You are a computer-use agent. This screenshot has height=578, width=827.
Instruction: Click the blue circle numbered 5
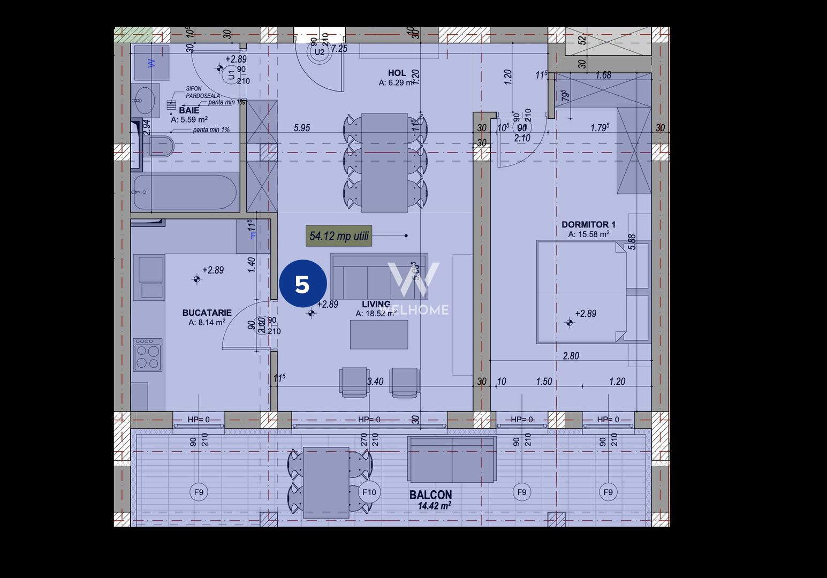[x=302, y=284]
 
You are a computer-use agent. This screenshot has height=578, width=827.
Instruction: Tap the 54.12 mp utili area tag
[x=339, y=236]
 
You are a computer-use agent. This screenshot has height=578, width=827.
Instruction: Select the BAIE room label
[x=189, y=110]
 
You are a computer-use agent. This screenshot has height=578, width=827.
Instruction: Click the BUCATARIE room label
[x=207, y=313]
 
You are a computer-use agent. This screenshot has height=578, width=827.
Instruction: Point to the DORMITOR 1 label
[x=588, y=225]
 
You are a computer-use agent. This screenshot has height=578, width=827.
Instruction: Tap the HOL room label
[x=397, y=73]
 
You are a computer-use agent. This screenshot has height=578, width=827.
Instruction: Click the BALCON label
[x=430, y=495]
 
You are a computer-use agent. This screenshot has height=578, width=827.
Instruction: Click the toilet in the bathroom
[x=161, y=146]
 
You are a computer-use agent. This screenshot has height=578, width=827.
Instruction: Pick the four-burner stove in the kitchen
[x=148, y=354]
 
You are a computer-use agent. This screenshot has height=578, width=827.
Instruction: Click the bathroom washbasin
[x=145, y=100]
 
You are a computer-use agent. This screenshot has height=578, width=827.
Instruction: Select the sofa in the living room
[x=378, y=277]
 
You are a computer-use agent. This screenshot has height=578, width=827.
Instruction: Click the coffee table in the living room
[x=379, y=334]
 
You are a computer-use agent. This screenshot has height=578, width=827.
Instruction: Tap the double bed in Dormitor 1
[x=581, y=292]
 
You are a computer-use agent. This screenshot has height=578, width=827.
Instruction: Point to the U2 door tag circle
[x=320, y=52]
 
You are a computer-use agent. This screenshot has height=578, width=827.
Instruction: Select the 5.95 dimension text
[x=302, y=128]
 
